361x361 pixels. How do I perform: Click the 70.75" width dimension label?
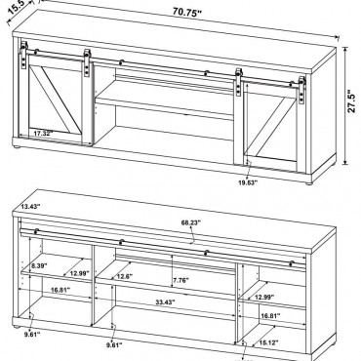click(x=187, y=13)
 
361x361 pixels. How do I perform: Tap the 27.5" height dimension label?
click(x=352, y=100)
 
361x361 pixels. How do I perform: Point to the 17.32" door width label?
click(x=44, y=133)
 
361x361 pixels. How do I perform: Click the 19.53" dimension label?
click(x=248, y=182)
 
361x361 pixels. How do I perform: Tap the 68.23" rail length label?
click(x=191, y=222)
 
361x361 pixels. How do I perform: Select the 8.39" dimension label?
click(x=39, y=265)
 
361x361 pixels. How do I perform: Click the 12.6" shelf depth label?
click(x=124, y=276)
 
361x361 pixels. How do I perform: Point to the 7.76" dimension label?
click(x=180, y=280)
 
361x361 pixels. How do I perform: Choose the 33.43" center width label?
click(x=165, y=301)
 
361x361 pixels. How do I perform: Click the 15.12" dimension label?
click(x=268, y=342)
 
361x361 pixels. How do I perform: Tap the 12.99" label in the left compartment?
click(x=79, y=273)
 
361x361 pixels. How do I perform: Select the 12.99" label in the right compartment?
click(x=264, y=297)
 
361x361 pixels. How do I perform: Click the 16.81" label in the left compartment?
click(x=60, y=290)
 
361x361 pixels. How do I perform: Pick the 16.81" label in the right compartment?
click(x=270, y=315)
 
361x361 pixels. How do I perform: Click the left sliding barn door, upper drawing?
click(x=55, y=99)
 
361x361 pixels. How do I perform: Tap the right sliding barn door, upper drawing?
click(x=271, y=124)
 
